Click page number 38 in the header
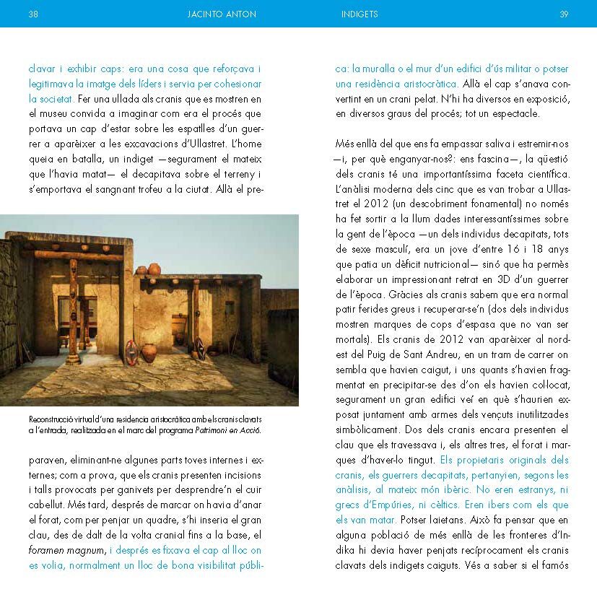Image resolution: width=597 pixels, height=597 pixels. point(32,14)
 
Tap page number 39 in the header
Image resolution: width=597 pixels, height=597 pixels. point(564,14)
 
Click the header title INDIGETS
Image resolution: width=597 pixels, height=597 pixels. point(359,14)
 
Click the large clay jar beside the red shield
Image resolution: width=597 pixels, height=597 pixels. point(149,352)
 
